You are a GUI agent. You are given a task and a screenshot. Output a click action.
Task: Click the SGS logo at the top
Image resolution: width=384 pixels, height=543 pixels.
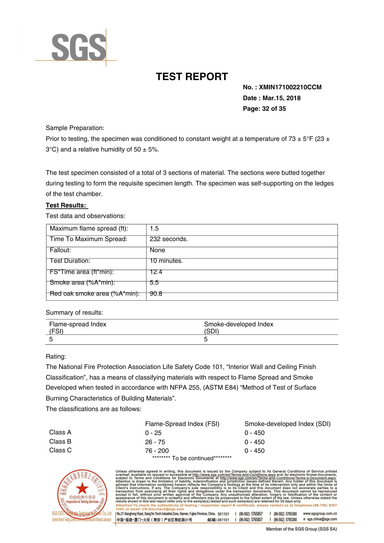[x=79, y=47]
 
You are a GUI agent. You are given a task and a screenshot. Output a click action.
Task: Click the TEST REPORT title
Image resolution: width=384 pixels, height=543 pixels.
[x=192, y=77]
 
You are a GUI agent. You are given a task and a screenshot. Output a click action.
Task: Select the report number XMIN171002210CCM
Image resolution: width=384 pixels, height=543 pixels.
[x=290, y=87]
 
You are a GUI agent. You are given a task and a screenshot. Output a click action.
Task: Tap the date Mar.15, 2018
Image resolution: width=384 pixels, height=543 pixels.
[x=281, y=98]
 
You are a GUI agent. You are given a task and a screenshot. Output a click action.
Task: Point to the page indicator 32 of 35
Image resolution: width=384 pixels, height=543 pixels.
[x=274, y=109]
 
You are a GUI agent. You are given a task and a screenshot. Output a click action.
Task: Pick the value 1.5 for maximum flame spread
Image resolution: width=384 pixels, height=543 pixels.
[x=154, y=229]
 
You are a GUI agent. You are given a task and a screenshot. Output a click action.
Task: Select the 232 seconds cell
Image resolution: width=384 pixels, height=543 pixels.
[x=169, y=239]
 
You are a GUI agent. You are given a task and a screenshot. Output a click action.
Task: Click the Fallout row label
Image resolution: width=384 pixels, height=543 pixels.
[x=60, y=250]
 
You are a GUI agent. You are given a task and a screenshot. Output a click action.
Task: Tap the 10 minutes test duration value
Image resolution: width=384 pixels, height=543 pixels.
[x=166, y=261]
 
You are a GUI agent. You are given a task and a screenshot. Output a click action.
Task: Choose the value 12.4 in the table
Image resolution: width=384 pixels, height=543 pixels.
[x=156, y=272]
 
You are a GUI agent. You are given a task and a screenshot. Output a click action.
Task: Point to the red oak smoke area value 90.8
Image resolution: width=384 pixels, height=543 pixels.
[x=156, y=294]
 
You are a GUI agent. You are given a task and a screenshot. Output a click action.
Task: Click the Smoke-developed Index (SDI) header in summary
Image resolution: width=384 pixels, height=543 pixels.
[x=238, y=327]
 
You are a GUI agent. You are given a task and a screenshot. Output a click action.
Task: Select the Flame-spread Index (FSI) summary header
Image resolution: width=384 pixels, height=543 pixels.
[x=78, y=327]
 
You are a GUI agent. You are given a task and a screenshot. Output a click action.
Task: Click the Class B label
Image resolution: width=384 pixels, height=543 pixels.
[x=60, y=442]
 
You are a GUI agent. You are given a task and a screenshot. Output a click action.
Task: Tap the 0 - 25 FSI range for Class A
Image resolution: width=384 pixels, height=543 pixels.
[x=153, y=433]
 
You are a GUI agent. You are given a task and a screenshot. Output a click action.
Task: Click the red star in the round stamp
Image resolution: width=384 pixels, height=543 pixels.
[x=82, y=488]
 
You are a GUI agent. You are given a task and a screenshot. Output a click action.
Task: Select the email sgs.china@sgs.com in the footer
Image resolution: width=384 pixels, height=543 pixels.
[x=322, y=519]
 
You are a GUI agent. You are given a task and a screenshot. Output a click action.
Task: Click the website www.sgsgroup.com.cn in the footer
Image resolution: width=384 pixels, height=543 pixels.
[x=320, y=514]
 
